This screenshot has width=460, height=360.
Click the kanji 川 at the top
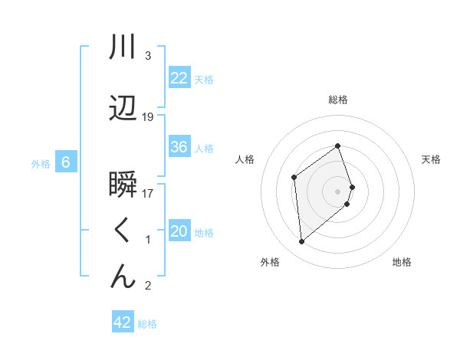tap(123, 47)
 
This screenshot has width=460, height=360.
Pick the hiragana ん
tap(123, 277)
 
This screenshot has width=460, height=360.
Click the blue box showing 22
tap(179, 78)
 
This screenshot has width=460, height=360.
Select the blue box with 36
tap(179, 148)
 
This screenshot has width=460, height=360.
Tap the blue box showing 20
tap(179, 232)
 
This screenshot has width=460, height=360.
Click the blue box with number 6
tap(66, 162)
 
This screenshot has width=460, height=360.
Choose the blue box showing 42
tap(123, 322)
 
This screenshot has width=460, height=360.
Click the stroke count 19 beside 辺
tap(148, 117)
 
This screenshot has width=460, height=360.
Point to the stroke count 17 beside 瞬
tap(148, 194)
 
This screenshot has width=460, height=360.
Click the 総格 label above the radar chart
tap(338, 100)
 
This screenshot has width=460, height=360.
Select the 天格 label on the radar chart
tap(432, 159)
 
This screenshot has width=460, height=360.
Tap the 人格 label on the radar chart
tap(245, 159)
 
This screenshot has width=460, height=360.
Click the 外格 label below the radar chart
tap(270, 262)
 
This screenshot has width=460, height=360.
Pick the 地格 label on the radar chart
tap(402, 262)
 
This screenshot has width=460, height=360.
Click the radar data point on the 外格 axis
tap(302, 241)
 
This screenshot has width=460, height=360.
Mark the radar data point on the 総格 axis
tap(338, 146)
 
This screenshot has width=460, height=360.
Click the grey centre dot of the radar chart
tap(338, 191)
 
